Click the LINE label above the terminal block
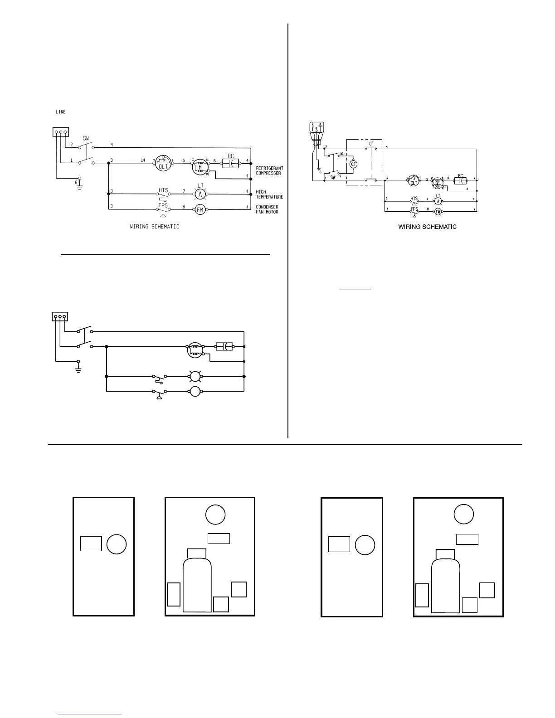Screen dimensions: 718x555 (x=60, y=112)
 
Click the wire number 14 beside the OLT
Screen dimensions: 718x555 (x=143, y=160)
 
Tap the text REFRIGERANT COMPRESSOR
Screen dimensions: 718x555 (x=269, y=170)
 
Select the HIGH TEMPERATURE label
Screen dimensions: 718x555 (x=269, y=194)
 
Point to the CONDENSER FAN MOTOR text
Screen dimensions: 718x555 (x=268, y=209)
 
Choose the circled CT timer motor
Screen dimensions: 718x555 (x=354, y=164)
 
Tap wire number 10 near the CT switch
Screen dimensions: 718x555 (x=341, y=154)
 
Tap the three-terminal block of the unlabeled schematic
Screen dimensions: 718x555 (x=60, y=316)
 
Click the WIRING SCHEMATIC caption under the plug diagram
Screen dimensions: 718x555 (x=427, y=227)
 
